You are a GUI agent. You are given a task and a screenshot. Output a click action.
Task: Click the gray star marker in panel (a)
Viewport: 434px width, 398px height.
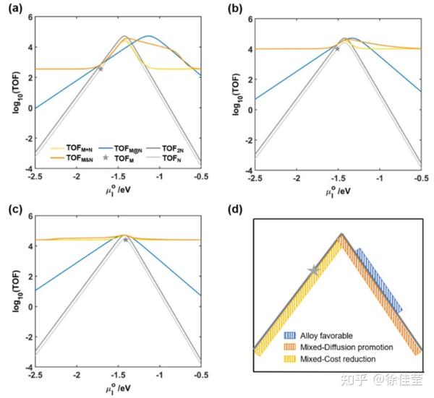[100, 69]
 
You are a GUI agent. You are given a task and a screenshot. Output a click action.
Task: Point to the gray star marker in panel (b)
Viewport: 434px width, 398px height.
[337, 48]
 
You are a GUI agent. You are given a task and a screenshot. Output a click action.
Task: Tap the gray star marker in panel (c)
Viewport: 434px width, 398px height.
[125, 239]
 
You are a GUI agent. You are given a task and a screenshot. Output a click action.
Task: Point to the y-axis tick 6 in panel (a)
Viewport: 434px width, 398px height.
[27, 16]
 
